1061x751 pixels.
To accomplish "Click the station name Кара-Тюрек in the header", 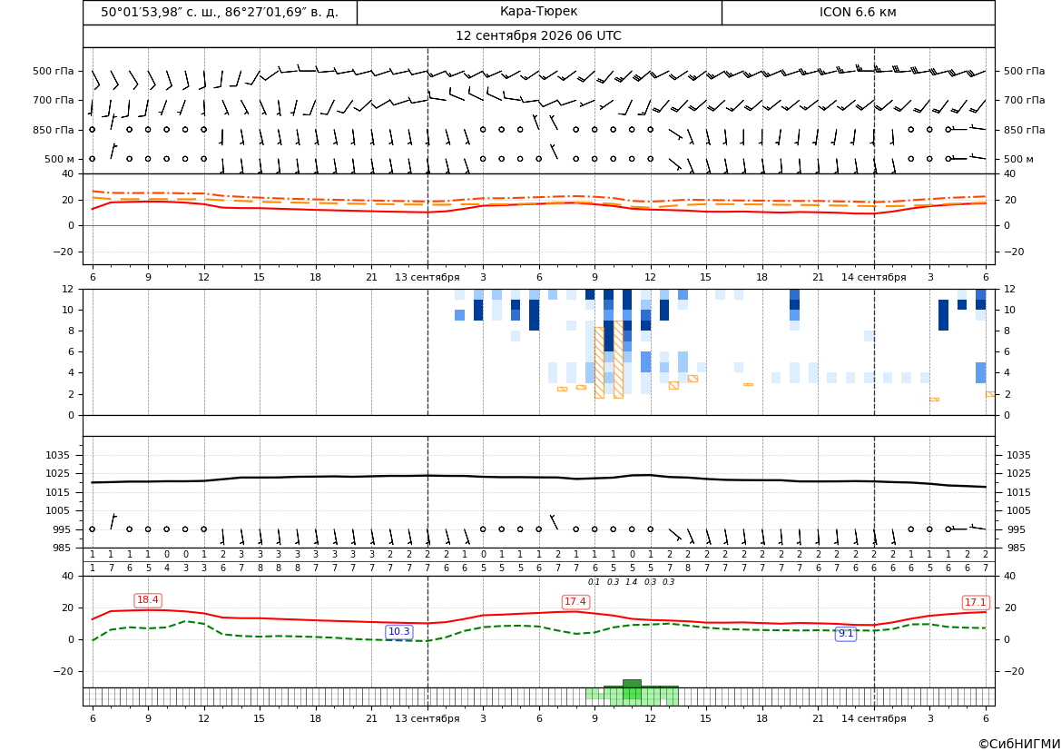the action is (538, 12).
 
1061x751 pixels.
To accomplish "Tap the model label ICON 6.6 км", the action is (858, 12).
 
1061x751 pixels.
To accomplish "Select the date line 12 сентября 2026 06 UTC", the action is (538, 36).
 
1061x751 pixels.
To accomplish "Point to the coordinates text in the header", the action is (220, 12).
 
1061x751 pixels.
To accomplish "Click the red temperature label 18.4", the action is (148, 600).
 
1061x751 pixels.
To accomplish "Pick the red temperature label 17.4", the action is (575, 601).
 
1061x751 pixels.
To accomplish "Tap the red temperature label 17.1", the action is (975, 602).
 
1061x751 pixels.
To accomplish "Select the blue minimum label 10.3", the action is (398, 631).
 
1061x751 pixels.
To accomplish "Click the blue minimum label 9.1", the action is (846, 633).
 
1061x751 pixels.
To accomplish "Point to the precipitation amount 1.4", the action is (632, 582).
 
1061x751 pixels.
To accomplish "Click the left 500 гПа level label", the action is (54, 71).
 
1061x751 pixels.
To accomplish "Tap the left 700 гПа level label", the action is (54, 100).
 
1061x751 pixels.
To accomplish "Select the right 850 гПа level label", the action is (1025, 130).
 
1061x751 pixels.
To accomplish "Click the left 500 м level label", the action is (60, 159).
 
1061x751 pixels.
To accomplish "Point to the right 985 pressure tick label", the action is (1019, 548).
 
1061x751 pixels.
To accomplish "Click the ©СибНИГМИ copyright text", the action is (1019, 744).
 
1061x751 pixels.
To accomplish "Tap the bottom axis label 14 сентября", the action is (873, 718).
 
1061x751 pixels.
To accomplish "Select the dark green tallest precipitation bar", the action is (632, 683).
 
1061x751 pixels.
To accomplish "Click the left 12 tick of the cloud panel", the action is (68, 289).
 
